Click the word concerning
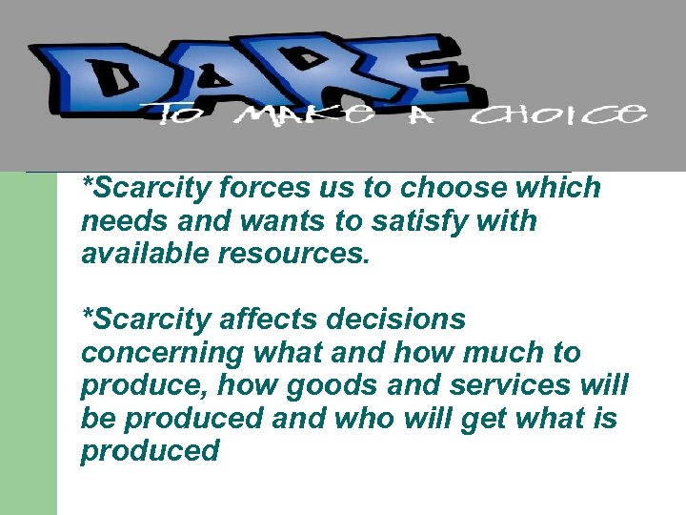(x=163, y=352)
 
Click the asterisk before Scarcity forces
(x=89, y=182)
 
